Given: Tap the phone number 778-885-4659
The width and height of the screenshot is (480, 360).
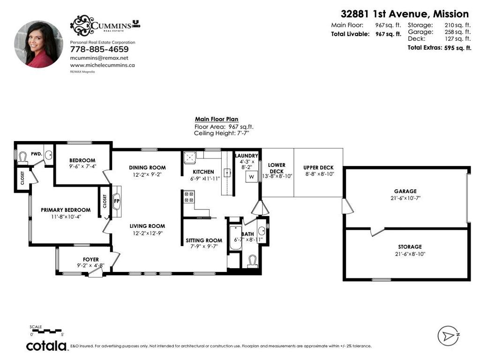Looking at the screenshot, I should [x=99, y=49].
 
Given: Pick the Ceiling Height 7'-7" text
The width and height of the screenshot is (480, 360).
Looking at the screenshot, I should [x=221, y=133].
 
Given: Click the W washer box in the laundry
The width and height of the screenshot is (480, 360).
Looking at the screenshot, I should [x=252, y=177].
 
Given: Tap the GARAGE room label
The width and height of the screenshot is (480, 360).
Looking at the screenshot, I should [x=405, y=191].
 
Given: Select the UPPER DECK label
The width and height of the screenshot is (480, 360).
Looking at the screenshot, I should [x=318, y=168].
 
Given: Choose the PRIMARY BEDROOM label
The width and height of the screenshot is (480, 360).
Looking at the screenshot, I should [x=66, y=210].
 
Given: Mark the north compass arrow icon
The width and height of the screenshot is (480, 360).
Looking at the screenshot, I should [x=448, y=336].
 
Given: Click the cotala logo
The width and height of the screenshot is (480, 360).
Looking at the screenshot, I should [x=46, y=346].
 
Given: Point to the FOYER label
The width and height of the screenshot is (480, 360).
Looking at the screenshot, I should [x=91, y=259].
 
